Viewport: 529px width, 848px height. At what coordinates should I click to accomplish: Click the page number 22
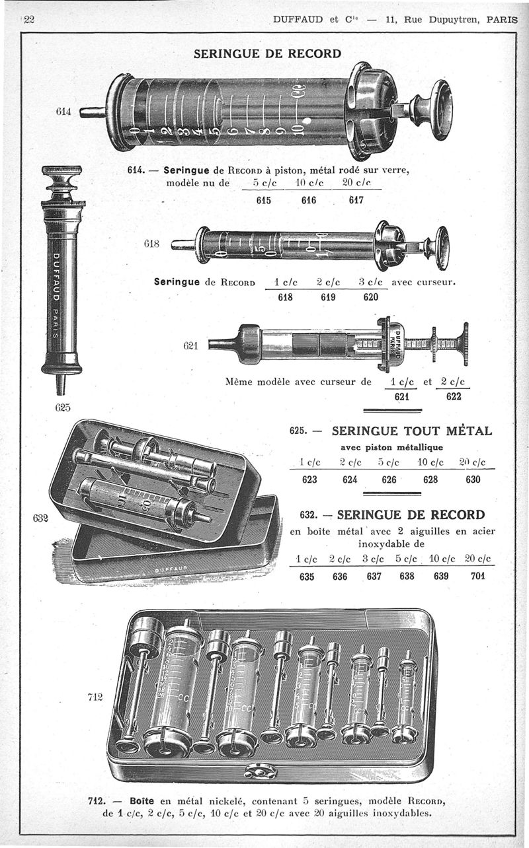(29, 19)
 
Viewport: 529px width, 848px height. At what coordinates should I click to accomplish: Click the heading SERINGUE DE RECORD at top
(267, 53)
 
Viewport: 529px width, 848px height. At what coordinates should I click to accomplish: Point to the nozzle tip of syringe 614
(91, 112)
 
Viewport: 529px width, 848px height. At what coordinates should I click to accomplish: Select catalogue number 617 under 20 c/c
(358, 200)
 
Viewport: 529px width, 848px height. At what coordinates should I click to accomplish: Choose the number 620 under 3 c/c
(371, 297)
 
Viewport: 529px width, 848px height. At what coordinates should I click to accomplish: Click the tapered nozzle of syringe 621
(223, 344)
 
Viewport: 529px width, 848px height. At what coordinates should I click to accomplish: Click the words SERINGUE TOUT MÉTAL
(411, 432)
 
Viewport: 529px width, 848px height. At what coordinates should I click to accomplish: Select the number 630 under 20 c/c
(473, 479)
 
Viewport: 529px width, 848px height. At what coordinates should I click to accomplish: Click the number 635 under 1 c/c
(306, 575)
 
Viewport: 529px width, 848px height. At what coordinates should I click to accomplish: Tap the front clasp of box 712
(261, 770)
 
